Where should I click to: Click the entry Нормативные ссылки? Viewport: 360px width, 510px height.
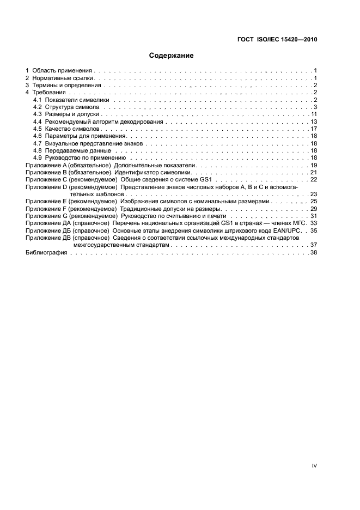point(64,78)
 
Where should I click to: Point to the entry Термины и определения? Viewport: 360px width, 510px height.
point(66,86)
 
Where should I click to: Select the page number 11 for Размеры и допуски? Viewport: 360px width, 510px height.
point(314,114)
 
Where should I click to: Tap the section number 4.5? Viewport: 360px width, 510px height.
point(38,129)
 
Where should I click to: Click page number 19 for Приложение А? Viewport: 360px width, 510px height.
point(314,165)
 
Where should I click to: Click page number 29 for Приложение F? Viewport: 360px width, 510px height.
point(314,209)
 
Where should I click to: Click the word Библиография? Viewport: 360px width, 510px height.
point(46,253)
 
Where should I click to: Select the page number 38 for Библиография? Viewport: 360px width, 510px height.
point(314,253)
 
